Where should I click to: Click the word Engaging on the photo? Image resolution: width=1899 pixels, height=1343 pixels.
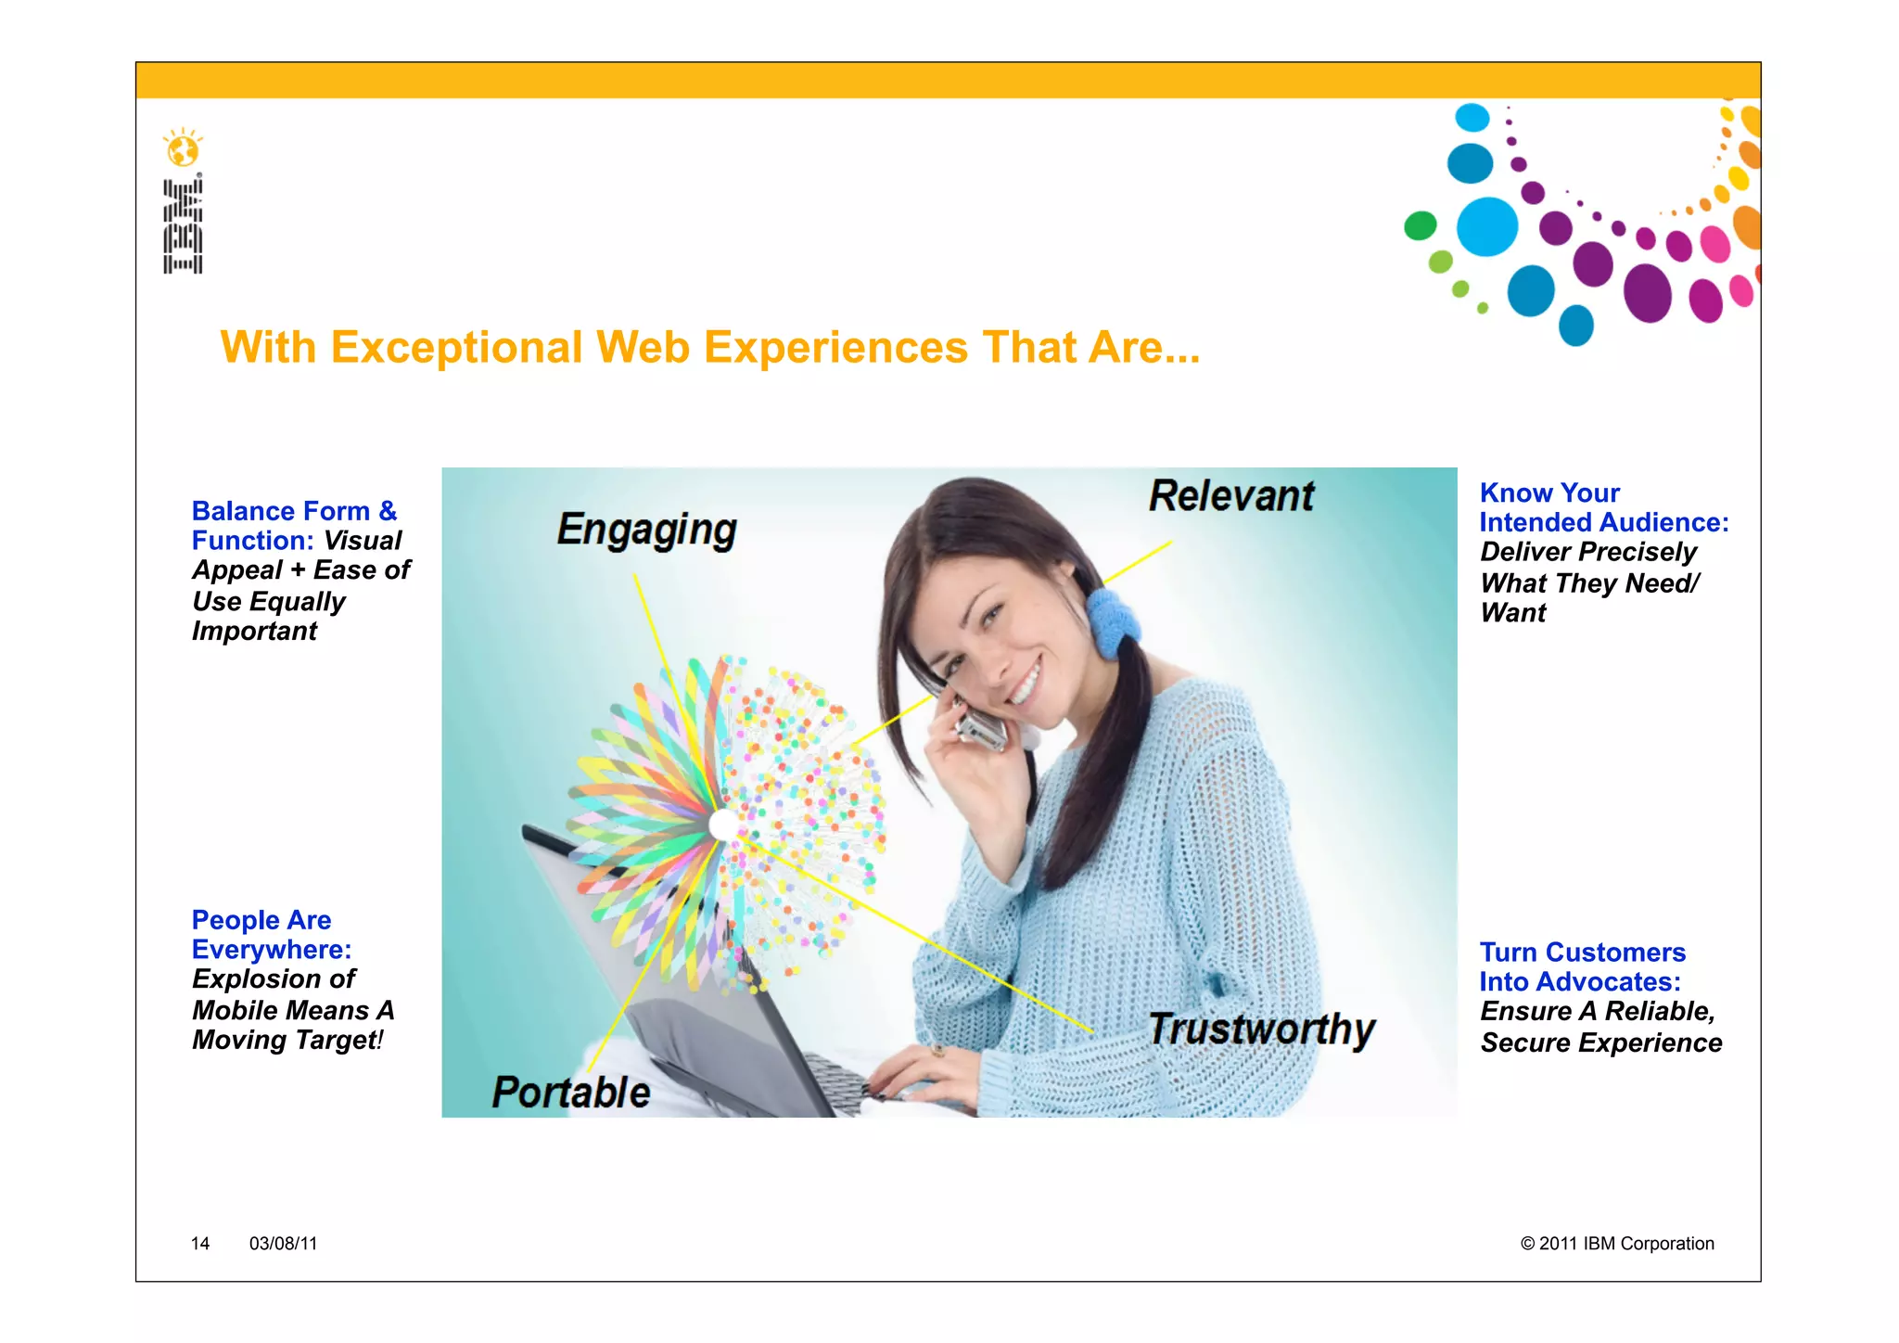point(646,531)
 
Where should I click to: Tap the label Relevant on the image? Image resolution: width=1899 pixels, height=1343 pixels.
point(1231,496)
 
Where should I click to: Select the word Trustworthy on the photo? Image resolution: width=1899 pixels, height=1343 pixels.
point(1261,1030)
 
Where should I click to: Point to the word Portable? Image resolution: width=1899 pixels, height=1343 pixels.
point(570,1093)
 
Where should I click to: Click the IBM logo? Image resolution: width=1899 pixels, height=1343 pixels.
point(184,226)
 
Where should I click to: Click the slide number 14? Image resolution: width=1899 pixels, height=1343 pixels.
point(200,1244)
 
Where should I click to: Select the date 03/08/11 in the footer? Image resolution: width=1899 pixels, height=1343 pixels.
point(283,1244)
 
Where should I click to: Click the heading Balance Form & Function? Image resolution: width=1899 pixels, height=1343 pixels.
point(293,525)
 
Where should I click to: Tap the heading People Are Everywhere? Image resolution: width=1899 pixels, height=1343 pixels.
point(271,935)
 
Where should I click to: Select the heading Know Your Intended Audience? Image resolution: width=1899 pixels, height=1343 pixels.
point(1603,507)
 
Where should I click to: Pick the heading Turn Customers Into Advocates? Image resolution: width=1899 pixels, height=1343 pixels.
point(1582,966)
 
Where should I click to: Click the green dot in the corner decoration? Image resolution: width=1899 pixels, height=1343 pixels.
point(1420,225)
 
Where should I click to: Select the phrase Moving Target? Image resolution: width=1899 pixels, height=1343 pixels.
point(287,1041)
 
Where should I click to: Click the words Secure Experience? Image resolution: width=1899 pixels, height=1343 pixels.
point(1601,1043)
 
